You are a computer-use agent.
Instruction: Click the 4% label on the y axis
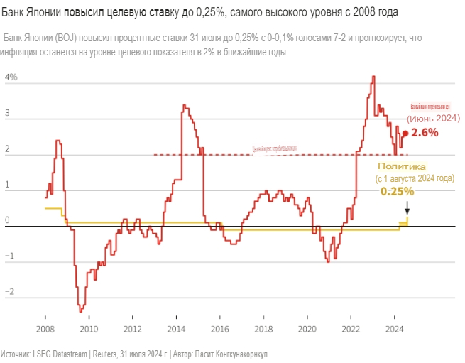tap(11, 77)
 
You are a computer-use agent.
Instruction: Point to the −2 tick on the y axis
tap(9, 292)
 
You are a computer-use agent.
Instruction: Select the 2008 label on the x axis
tap(45, 329)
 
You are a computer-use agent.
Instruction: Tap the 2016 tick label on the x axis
tap(220, 329)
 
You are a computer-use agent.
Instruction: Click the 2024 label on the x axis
tap(395, 329)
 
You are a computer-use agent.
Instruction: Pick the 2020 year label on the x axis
tap(307, 329)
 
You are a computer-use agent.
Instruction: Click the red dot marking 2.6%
tap(405, 133)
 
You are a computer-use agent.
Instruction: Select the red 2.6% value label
tap(425, 132)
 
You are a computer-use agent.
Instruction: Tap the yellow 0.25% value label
tap(397, 191)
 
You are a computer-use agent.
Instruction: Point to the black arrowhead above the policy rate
tap(407, 211)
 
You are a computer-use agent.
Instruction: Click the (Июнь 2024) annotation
tap(433, 118)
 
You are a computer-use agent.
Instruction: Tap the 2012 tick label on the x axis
tap(133, 329)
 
